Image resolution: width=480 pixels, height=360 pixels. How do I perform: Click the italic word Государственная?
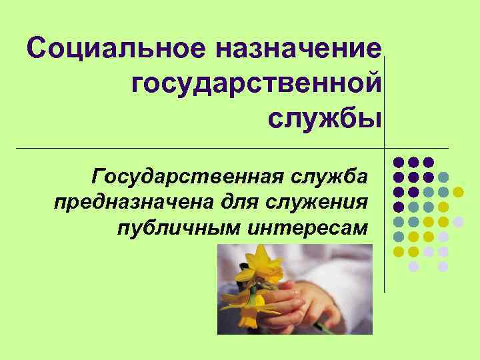[x=185, y=177]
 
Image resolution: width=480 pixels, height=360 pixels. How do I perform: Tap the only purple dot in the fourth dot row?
[x=398, y=207]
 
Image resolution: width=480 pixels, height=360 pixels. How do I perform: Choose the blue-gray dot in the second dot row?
[x=443, y=177]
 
